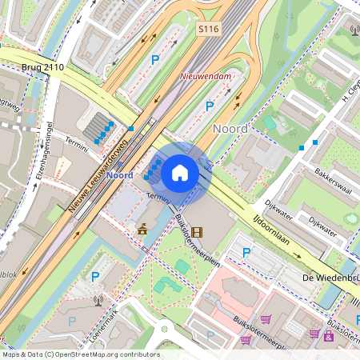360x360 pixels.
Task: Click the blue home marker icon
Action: coord(180,172)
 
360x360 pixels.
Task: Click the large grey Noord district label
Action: coord(230,128)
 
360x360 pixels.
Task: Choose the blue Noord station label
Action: coord(119,175)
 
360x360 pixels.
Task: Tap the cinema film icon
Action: coord(197,232)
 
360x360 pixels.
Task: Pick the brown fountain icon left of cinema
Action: coord(142,230)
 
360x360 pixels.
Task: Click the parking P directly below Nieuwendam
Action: coord(210,105)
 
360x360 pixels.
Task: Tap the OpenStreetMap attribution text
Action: coord(80,354)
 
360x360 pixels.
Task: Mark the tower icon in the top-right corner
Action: coord(354,31)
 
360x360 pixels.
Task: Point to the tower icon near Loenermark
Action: coord(98,302)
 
